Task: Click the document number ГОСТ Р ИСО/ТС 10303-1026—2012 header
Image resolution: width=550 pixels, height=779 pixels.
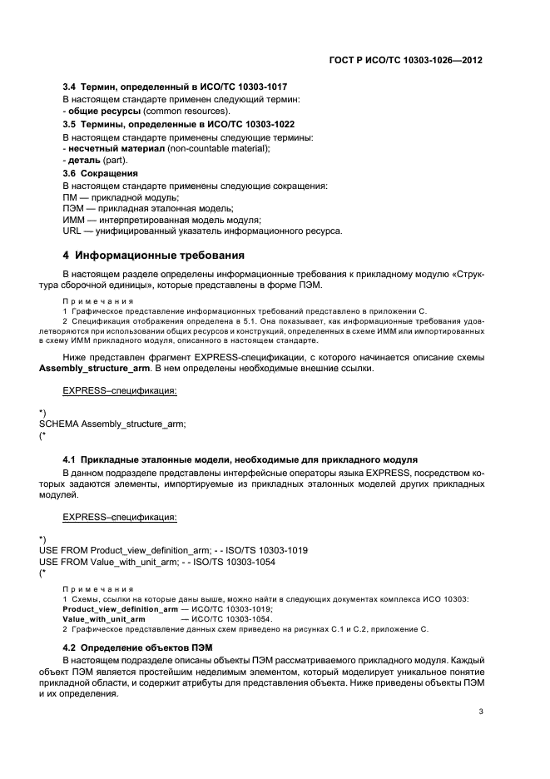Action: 410,60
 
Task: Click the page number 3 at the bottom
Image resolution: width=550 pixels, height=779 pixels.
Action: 482,712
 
